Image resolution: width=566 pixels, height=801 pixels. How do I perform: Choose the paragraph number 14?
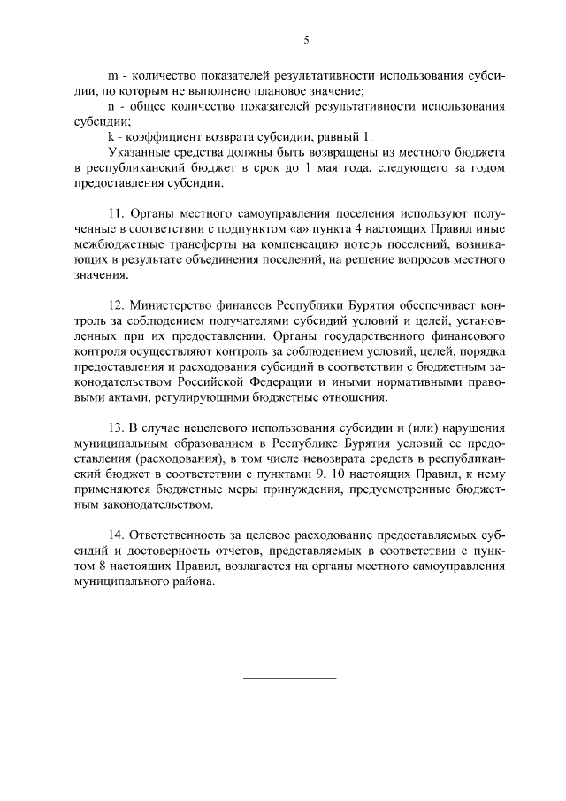tap(115, 539)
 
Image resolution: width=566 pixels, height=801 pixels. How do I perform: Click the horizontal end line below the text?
tap(290, 678)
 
